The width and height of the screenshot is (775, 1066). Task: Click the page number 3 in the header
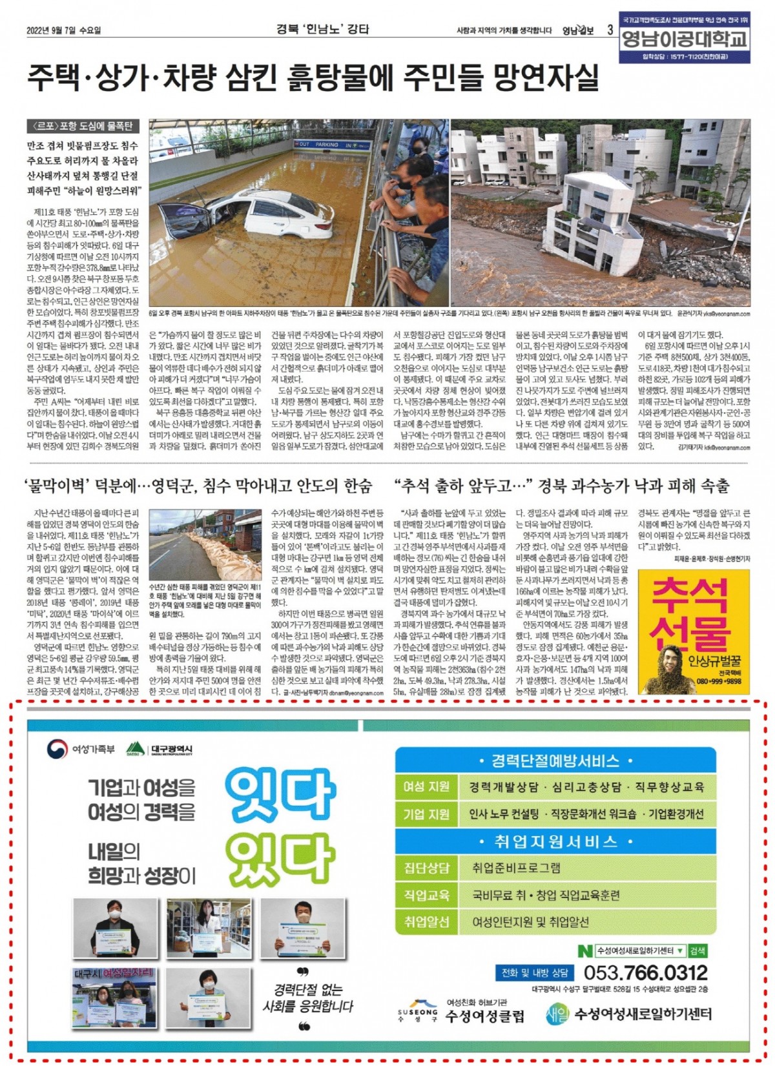click(610, 30)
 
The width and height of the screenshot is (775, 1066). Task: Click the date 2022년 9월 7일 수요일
click(64, 30)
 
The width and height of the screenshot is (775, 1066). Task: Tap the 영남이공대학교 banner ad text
click(684, 39)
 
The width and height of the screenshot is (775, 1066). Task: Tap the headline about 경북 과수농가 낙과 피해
click(561, 486)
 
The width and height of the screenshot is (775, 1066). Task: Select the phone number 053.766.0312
click(645, 972)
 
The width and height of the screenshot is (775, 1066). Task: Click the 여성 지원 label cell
click(426, 787)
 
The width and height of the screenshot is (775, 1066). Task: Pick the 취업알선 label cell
click(426, 921)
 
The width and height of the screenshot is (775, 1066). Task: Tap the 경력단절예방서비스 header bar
click(555, 761)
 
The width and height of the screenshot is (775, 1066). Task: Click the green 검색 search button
click(697, 950)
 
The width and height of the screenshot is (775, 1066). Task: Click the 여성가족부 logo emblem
click(57, 749)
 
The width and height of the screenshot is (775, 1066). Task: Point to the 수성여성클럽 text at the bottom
click(484, 1016)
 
